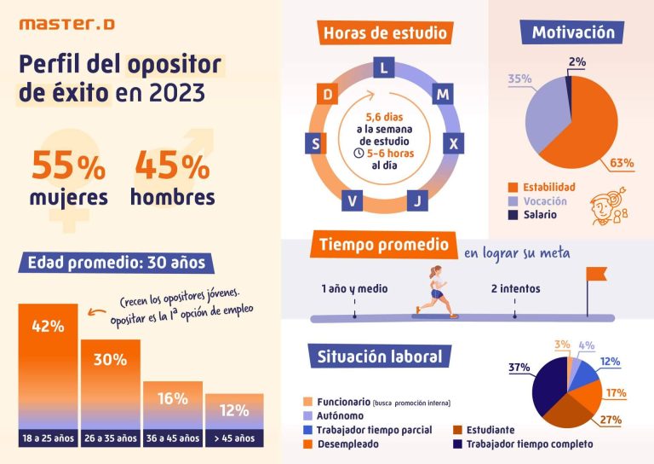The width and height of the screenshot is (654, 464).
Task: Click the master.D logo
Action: [x=66, y=25]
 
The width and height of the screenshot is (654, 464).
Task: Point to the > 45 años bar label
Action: [x=233, y=438]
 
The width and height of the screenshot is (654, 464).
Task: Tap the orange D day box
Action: [x=325, y=93]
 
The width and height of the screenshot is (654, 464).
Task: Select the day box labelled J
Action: [x=415, y=200]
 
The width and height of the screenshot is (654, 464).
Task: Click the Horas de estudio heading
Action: [x=384, y=34]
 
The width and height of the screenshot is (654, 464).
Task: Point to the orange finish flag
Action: [x=597, y=274]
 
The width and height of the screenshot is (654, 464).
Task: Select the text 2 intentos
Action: [x=515, y=289]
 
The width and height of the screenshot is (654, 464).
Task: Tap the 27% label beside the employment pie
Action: [x=610, y=420]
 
